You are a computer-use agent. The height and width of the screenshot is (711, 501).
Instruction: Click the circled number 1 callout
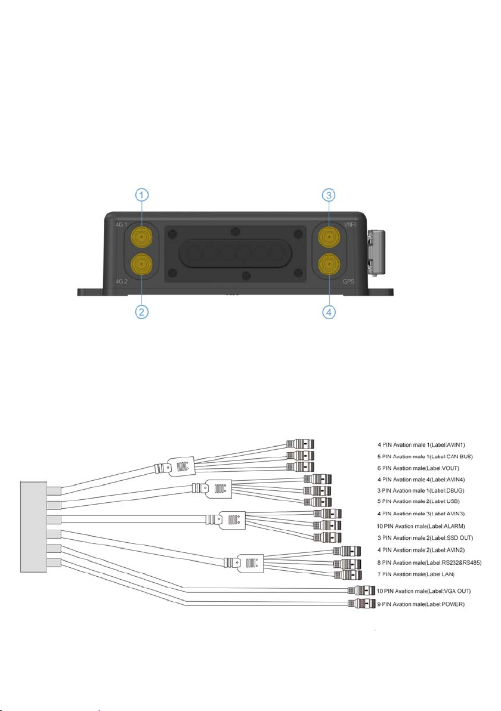point(142,196)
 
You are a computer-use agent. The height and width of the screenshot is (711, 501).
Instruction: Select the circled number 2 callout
point(142,312)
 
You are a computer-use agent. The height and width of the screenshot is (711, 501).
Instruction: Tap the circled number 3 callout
point(329,196)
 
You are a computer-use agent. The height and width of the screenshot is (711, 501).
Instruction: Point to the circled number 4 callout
point(329,312)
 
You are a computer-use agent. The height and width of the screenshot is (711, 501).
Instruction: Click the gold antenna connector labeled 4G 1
point(141,236)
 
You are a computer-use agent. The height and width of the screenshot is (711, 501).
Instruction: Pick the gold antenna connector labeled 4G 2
point(141,264)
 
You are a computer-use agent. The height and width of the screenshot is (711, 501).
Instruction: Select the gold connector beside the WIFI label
point(329,236)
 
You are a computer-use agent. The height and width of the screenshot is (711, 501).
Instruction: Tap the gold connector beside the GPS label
point(329,264)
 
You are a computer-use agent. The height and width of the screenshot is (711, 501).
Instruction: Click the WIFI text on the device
point(350,225)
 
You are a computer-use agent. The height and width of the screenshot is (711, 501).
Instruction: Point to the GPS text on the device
point(349,282)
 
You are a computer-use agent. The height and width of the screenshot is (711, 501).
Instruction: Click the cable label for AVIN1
point(421,445)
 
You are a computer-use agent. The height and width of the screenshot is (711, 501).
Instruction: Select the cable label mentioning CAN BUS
point(425,457)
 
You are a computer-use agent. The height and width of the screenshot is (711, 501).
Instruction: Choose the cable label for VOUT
point(418,468)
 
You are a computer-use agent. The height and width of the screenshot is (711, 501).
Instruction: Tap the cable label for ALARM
point(420,527)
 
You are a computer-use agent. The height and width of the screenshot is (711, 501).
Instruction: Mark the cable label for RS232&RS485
point(429,562)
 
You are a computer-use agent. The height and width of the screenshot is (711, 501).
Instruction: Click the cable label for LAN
point(416,574)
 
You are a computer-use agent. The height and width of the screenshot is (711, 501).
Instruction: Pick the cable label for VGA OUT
point(424,591)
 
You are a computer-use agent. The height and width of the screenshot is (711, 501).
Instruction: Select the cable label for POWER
point(421,604)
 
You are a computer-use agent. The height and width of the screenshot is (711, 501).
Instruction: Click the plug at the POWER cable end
point(361,604)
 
